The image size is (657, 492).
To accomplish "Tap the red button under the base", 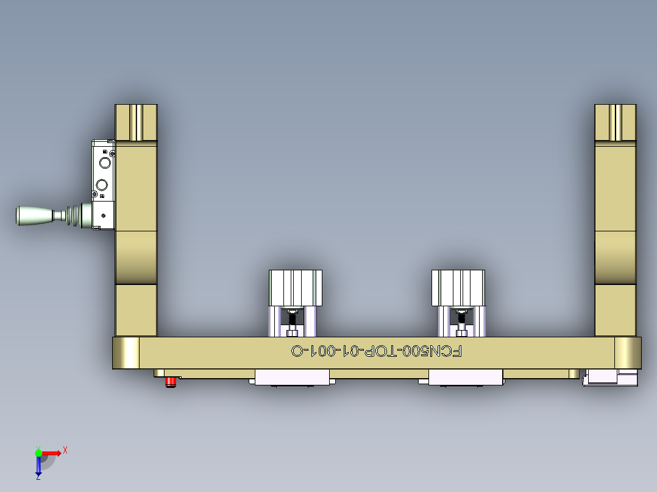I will pyautogui.click(x=171, y=382).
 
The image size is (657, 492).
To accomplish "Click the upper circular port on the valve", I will pyautogui.click(x=105, y=163).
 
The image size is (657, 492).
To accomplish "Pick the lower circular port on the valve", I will pyautogui.click(x=103, y=184).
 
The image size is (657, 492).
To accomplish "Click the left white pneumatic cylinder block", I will pyautogui.click(x=296, y=288).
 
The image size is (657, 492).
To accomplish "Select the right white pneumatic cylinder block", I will pyautogui.click(x=458, y=288).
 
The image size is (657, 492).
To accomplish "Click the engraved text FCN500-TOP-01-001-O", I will pyautogui.click(x=377, y=351).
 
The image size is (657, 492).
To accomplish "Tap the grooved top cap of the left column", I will pyautogui.click(x=137, y=122).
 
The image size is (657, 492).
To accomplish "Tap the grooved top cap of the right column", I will pyautogui.click(x=616, y=122).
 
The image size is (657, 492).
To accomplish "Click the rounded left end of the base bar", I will pyautogui.click(x=126, y=353).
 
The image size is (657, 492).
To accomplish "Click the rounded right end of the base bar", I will pyautogui.click(x=628, y=353).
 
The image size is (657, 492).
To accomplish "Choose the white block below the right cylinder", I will pyautogui.click(x=466, y=378).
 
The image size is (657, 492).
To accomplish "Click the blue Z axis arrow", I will pyautogui.click(x=38, y=468).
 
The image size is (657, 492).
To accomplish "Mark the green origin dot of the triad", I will pyautogui.click(x=38, y=452).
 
